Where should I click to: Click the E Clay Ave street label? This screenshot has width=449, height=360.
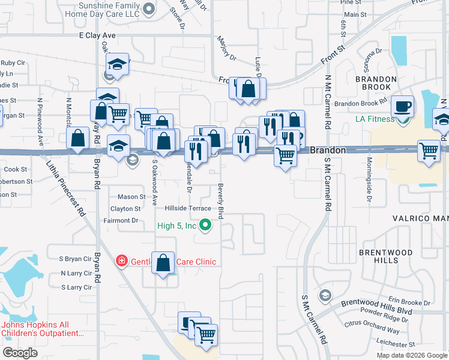[x=97, y=35]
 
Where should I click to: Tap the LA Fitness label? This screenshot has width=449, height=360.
[x=375, y=119]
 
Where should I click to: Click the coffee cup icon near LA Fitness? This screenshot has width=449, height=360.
[x=402, y=106]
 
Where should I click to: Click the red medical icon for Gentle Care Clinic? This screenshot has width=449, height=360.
[x=121, y=261]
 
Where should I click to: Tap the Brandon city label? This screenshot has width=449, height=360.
[x=328, y=151]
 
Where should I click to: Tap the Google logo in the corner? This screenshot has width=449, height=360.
[x=20, y=353]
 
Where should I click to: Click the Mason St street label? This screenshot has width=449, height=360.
[x=131, y=197]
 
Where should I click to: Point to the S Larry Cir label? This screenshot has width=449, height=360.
[x=76, y=287]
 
